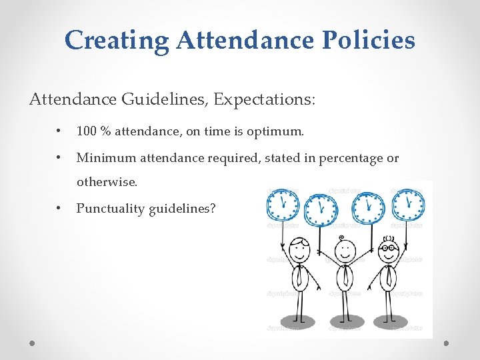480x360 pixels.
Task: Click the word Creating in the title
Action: click(117, 41)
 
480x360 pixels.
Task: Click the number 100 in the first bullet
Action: click(87, 132)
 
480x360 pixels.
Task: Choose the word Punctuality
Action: click(110, 209)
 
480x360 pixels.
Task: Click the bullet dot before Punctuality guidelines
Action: click(60, 209)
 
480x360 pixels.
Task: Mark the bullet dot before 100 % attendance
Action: click(60, 132)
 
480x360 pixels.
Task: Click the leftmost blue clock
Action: click(284, 203)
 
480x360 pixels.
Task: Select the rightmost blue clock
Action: click(408, 203)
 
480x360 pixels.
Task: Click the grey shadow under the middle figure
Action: click(345, 324)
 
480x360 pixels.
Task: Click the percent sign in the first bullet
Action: click(105, 132)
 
